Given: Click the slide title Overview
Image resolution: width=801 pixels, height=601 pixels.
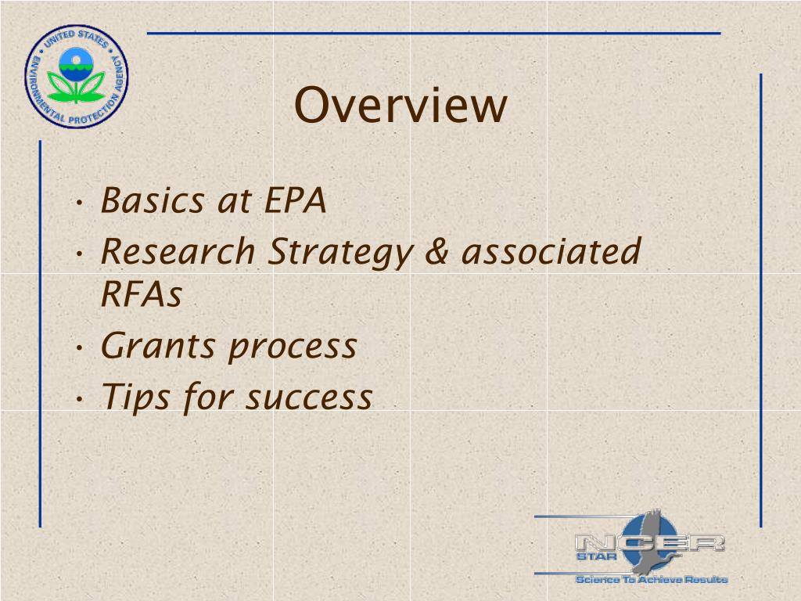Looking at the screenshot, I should click(x=400, y=106).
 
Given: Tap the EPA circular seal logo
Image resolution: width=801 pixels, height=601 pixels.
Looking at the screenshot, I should click(x=76, y=76).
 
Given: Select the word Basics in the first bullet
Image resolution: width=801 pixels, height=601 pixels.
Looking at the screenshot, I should click(x=153, y=201).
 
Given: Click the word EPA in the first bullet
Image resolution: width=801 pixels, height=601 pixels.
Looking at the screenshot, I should click(x=295, y=201).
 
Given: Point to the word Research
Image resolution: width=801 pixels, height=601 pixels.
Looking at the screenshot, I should click(x=178, y=252).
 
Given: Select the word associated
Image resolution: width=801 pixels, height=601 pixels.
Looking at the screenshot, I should click(x=552, y=252).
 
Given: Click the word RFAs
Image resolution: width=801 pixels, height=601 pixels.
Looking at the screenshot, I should click(x=142, y=295).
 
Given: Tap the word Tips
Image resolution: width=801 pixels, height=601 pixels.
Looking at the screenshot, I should click(x=135, y=398).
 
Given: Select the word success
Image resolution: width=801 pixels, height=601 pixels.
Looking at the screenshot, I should click(x=309, y=398).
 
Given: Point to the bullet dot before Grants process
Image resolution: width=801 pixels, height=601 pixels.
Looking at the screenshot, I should click(x=82, y=349).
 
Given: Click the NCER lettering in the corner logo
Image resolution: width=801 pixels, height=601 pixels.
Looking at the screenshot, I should click(x=649, y=542).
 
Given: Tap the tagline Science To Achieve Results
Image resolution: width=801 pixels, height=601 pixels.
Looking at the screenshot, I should click(x=652, y=579).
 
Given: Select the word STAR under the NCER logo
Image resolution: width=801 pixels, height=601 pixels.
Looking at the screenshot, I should click(x=593, y=558).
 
